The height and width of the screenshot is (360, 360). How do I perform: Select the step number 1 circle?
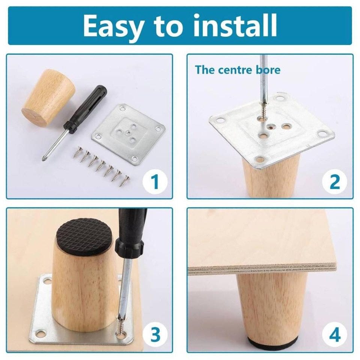click(155, 181)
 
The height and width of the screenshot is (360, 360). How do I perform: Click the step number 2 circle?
click(334, 181)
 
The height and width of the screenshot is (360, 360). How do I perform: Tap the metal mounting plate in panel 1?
click(128, 133)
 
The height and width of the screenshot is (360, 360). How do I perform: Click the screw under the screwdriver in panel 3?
click(120, 326)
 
